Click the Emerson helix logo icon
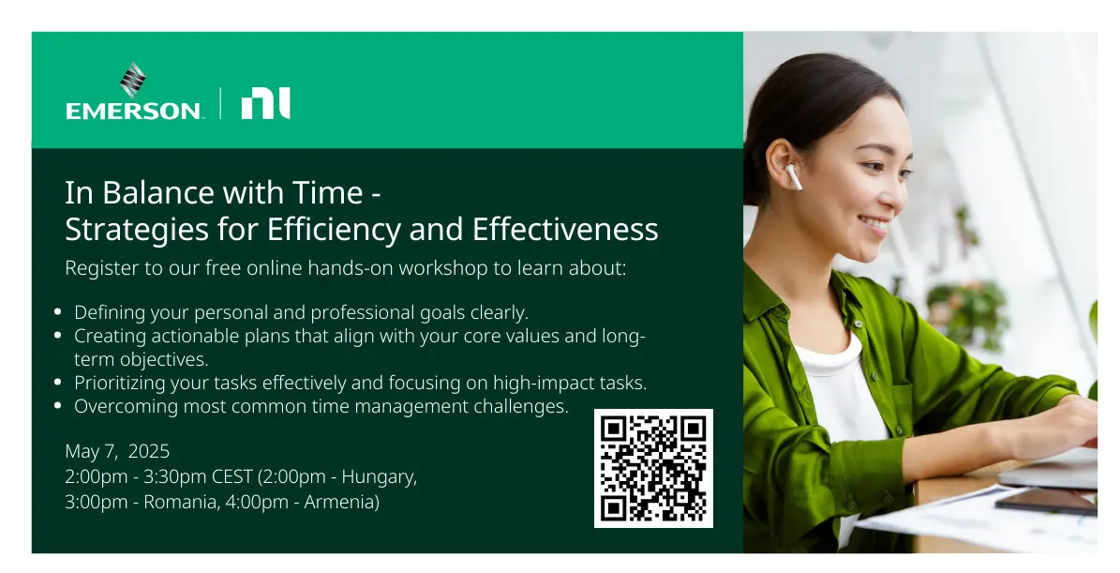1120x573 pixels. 132,80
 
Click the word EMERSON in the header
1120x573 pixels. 133,111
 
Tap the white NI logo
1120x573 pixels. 266,103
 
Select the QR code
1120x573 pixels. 653,469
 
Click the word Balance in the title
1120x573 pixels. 157,193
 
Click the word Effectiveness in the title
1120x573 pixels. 565,230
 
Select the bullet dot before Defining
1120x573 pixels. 58,311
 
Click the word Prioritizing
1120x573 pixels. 120,383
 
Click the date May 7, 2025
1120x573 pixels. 117,451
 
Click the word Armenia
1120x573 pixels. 341,503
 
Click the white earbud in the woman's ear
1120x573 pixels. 793,176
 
